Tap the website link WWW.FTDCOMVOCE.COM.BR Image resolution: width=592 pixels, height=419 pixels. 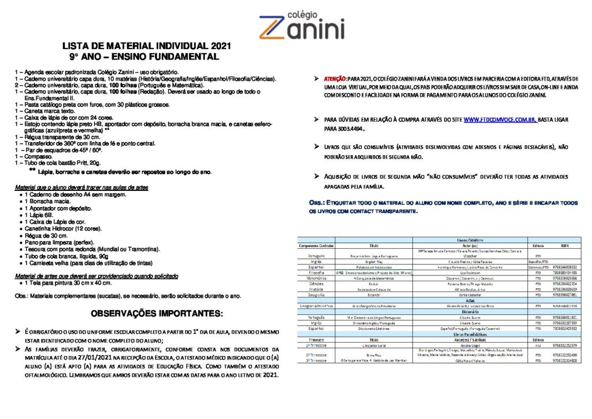click(499, 119)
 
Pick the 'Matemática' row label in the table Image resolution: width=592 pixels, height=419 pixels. click(316, 278)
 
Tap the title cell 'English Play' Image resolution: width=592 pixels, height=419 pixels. click(373, 261)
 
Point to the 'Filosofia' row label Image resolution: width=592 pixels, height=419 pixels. click(316, 272)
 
